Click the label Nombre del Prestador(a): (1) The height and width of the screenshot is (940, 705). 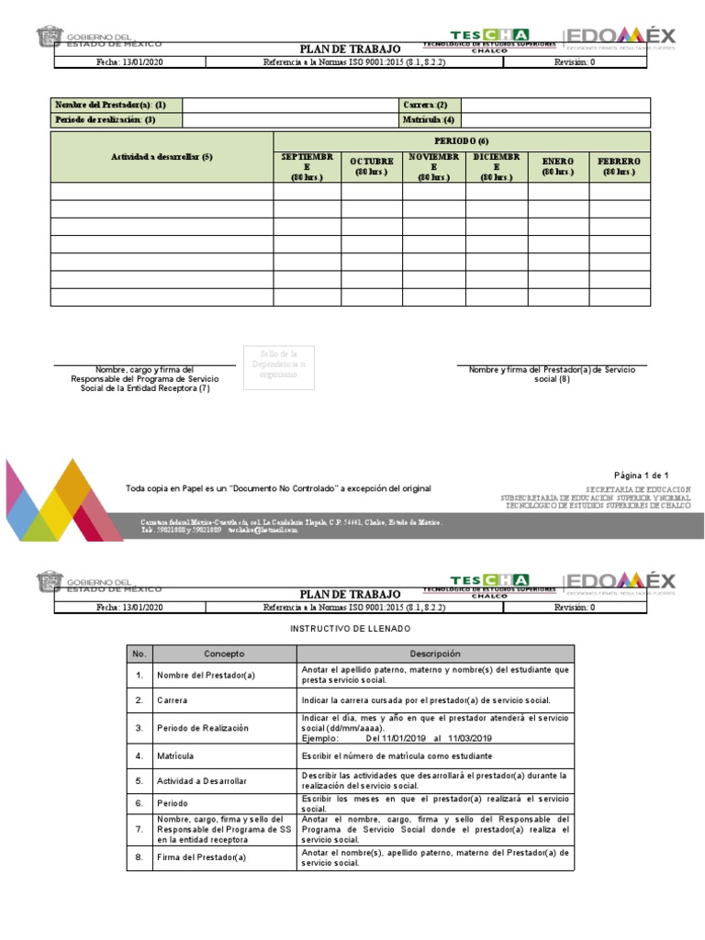coord(110,106)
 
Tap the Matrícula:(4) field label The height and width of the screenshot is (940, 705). coord(427,120)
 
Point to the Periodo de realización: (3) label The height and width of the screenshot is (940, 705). coord(106,120)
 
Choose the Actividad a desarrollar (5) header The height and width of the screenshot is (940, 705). coord(162,157)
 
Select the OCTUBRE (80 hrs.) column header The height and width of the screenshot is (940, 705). coord(372,166)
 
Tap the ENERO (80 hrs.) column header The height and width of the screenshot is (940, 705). coord(557,166)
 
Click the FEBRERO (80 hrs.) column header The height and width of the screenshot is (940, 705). coord(619,166)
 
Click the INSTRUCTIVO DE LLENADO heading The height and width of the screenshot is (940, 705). coord(351,629)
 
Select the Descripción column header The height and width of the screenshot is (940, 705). coord(435,654)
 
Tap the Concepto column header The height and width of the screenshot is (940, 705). coord(224,654)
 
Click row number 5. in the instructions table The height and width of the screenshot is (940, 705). coord(140,781)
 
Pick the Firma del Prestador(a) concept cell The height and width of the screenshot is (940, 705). coord(202,858)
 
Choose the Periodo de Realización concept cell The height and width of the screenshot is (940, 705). coord(203,728)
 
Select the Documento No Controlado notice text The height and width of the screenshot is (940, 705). coord(278,489)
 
